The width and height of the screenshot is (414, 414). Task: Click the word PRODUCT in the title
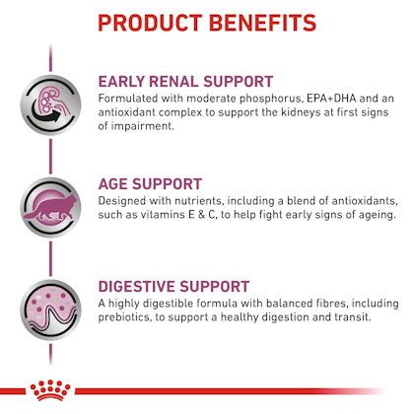click(150, 23)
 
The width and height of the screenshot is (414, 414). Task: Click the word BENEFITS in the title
click(262, 23)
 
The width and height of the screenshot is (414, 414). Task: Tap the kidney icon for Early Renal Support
click(50, 105)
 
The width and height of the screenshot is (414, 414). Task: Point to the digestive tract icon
click(50, 310)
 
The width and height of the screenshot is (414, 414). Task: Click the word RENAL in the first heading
click(174, 82)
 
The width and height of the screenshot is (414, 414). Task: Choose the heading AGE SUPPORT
click(150, 184)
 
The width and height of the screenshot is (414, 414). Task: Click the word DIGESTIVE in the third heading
click(137, 287)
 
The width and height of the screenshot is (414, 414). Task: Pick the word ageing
click(377, 215)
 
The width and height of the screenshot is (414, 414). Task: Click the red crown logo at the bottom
click(50, 390)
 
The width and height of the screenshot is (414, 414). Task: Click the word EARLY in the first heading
click(121, 82)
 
